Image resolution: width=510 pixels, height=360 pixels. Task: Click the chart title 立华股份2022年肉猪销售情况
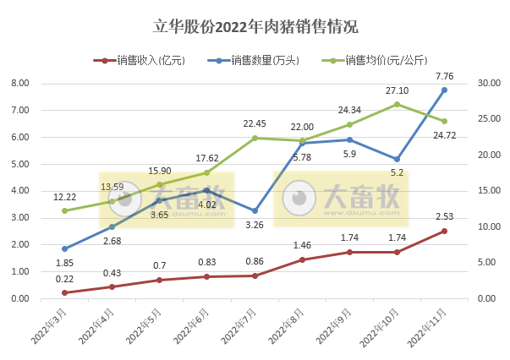pyautogui.click(x=255, y=26)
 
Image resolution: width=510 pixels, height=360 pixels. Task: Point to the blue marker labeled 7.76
pyautogui.click(x=444, y=90)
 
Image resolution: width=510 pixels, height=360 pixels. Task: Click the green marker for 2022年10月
pyautogui.click(x=397, y=104)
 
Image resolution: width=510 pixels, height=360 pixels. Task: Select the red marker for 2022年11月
pyautogui.click(x=444, y=231)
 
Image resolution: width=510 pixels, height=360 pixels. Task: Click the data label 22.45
pyautogui.click(x=255, y=123)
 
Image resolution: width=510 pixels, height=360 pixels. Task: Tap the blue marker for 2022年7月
pyautogui.click(x=255, y=211)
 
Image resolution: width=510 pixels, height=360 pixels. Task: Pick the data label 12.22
pyautogui.click(x=64, y=196)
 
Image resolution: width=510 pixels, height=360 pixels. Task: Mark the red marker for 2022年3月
pyautogui.click(x=64, y=292)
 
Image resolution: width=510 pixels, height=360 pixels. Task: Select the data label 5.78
pyautogui.click(x=302, y=157)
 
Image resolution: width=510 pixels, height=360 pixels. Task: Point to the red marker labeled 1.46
pyautogui.click(x=302, y=259)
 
